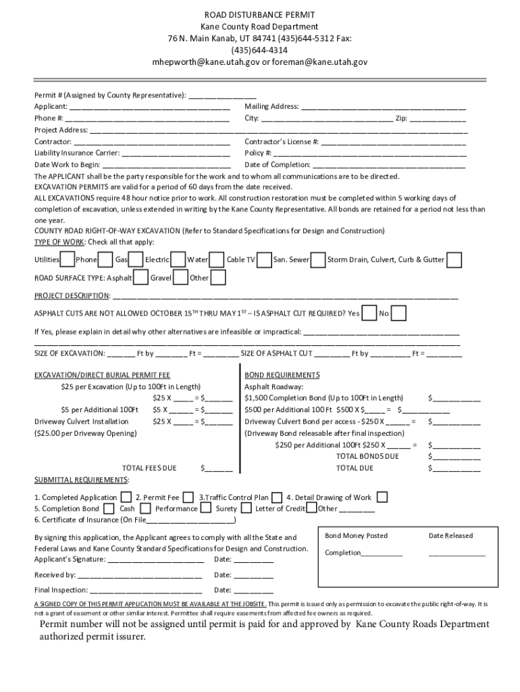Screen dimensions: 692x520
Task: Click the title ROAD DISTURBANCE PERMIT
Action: click(x=260, y=14)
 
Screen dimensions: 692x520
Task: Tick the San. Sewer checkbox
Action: click(x=319, y=259)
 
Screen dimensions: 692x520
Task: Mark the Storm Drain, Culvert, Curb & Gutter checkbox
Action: click(x=454, y=259)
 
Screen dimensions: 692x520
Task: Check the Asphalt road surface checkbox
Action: click(x=141, y=278)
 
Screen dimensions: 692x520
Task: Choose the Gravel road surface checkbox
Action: click(x=180, y=278)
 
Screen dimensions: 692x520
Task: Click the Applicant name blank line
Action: click(x=149, y=107)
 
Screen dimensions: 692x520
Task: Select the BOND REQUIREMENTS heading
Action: click(x=282, y=375)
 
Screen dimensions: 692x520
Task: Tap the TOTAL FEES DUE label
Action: click(x=149, y=468)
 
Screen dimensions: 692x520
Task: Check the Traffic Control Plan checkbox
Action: click(x=277, y=497)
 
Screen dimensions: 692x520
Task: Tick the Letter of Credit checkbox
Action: click(x=311, y=508)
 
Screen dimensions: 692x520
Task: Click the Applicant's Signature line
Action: click(x=155, y=560)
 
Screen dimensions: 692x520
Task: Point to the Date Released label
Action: click(x=450, y=536)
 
